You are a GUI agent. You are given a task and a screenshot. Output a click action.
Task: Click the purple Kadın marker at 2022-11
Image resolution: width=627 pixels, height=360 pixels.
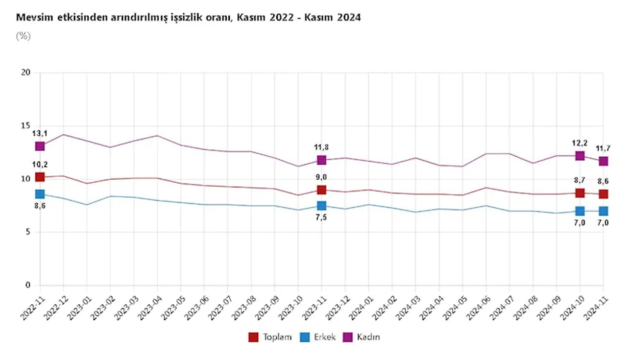(x=40, y=146)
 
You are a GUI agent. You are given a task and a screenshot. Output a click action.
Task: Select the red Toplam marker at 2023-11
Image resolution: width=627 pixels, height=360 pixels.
(x=321, y=190)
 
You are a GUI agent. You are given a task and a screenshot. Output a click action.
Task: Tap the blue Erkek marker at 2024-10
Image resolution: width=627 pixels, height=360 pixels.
(x=580, y=211)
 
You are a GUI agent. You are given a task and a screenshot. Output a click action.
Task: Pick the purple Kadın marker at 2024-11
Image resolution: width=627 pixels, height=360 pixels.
(x=603, y=161)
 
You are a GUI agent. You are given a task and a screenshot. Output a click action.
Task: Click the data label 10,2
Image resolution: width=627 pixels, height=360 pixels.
(x=40, y=165)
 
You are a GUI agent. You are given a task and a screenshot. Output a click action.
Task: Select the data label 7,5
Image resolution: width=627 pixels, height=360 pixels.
(x=321, y=217)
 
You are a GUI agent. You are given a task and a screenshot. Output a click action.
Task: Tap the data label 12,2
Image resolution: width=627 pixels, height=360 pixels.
(x=580, y=143)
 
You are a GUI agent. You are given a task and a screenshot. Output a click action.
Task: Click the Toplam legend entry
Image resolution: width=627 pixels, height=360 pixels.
(x=270, y=337)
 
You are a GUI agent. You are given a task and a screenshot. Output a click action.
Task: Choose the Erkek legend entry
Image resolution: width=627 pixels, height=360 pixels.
(x=318, y=337)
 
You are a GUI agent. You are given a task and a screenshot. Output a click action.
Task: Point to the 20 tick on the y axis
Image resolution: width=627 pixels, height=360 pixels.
(x=26, y=73)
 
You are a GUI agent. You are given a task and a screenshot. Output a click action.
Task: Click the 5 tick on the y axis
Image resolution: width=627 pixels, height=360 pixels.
(x=28, y=232)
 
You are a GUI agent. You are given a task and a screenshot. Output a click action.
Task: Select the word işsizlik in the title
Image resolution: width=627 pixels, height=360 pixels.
(x=185, y=18)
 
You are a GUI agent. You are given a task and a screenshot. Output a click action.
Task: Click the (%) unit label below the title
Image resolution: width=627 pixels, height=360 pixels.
(x=23, y=36)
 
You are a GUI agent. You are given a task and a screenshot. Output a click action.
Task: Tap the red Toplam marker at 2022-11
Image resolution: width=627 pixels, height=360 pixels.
(x=40, y=177)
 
